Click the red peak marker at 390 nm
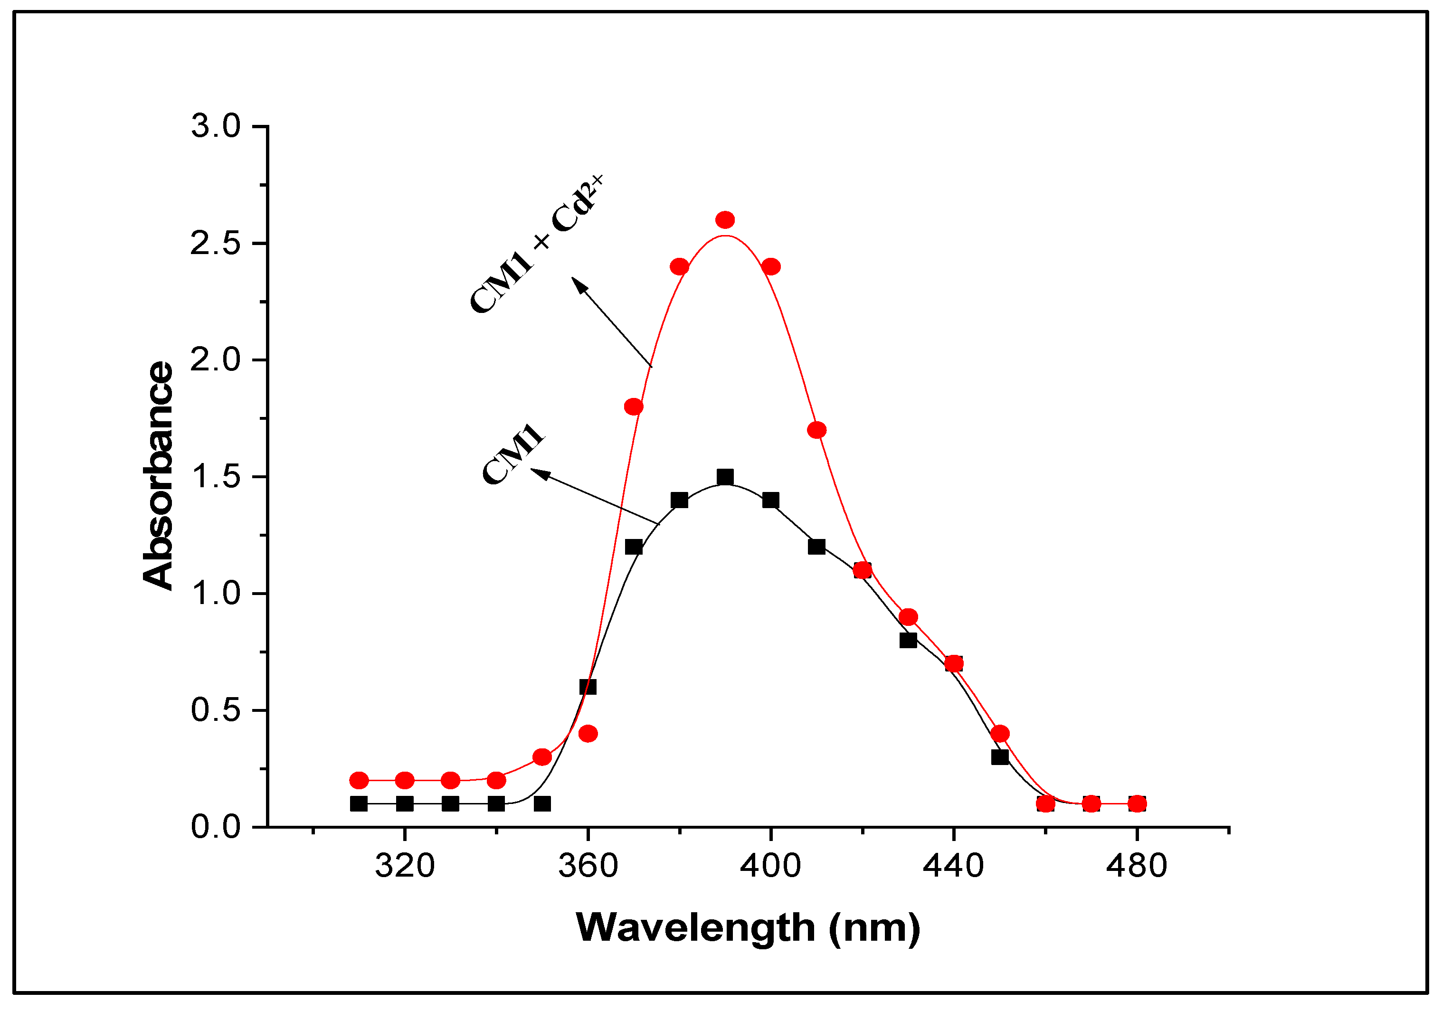point(725,220)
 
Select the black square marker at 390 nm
point(725,477)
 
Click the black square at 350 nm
point(542,804)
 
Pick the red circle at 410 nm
point(816,430)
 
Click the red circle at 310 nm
point(359,781)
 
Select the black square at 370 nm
point(634,547)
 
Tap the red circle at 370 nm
point(634,407)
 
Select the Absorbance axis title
point(158,475)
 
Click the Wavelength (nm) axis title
point(748,928)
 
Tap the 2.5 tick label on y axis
point(216,244)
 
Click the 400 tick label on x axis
point(770,867)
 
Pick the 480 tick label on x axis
point(1136,867)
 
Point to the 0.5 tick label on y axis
point(216,710)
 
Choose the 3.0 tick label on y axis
point(216,126)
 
